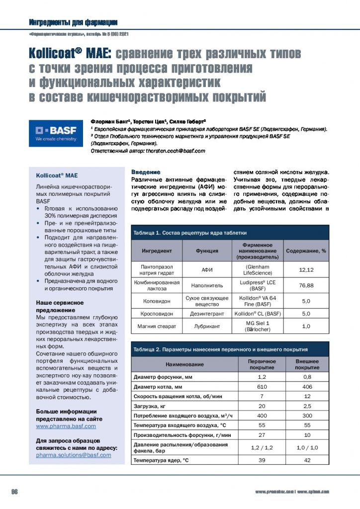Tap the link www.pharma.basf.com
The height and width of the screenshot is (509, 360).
point(66,426)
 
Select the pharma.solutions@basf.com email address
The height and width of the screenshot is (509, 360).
point(74,455)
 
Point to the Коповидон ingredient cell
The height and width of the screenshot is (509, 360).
point(157,300)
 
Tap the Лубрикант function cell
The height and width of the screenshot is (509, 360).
point(207,326)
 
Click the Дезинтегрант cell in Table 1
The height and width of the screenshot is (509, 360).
point(207,314)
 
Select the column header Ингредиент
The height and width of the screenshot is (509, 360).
point(157,252)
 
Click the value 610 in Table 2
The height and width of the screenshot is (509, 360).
point(262,387)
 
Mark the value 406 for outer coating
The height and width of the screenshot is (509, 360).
point(307,387)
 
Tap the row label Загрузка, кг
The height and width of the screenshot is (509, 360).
point(148,406)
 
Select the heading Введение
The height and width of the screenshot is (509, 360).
point(145,171)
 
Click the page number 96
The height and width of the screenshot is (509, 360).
point(15,492)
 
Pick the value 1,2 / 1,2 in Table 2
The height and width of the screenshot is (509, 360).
point(262,447)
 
